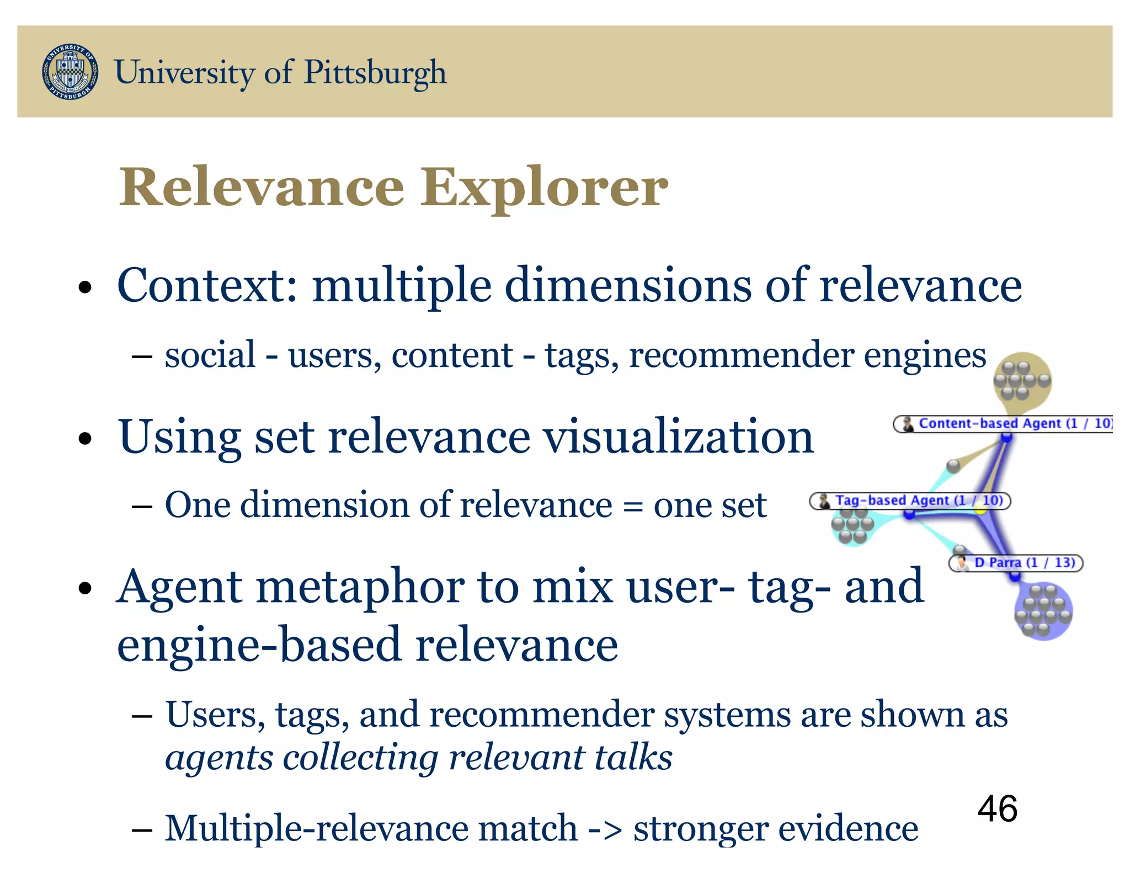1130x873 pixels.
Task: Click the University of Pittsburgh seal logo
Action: (71, 72)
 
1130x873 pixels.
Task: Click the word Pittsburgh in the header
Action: (375, 73)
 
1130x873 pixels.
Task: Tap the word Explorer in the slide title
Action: (545, 188)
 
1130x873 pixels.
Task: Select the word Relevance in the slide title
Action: (262, 188)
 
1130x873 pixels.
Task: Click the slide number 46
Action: (997, 809)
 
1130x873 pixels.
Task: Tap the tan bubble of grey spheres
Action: (1022, 381)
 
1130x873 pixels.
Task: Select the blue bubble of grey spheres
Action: (1043, 611)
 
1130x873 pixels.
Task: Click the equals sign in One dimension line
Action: (632, 505)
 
